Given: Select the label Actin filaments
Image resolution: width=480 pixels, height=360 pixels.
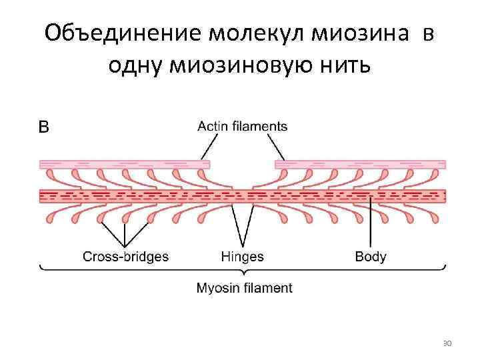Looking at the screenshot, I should (243, 126).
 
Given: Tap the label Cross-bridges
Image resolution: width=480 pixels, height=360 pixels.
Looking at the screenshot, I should (125, 256).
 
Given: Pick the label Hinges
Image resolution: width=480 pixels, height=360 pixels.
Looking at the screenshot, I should (242, 256).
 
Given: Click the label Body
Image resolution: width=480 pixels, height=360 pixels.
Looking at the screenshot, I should (371, 256).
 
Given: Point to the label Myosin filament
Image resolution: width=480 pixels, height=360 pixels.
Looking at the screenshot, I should (244, 289).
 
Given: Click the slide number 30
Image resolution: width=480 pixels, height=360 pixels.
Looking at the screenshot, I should (447, 343).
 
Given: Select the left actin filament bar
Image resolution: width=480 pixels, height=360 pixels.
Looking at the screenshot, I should (125, 164).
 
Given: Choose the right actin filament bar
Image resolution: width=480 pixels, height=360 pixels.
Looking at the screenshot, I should (360, 164).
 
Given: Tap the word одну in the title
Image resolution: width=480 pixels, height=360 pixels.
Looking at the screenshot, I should (134, 67).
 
